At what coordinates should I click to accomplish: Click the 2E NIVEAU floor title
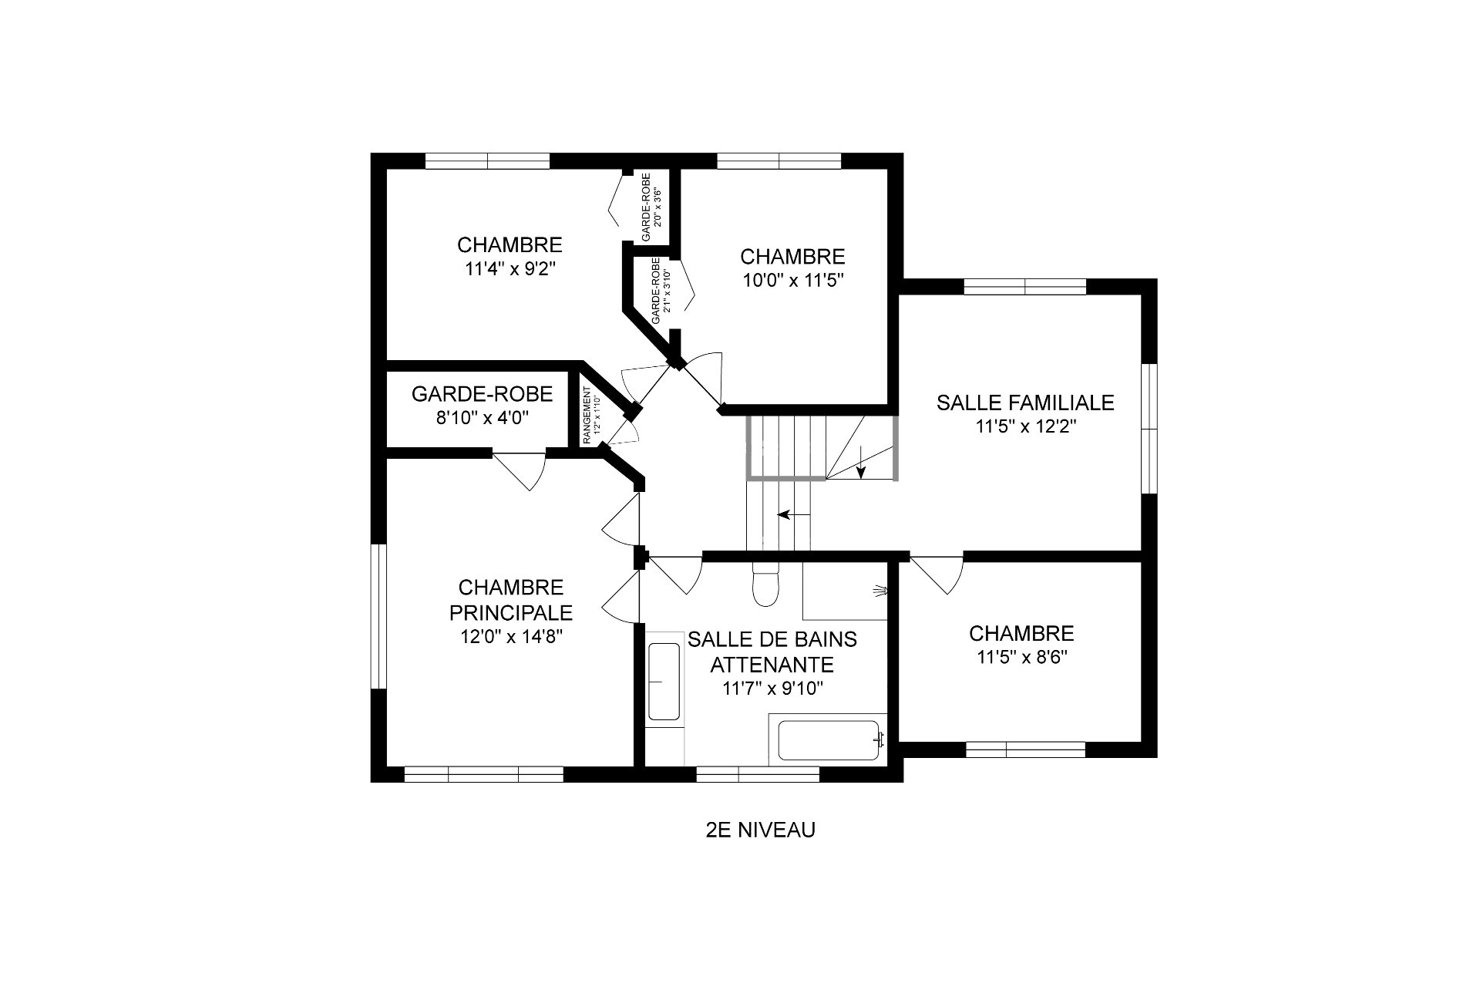pyautogui.click(x=760, y=830)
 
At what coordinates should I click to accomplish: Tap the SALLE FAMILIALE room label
pyautogui.click(x=1025, y=403)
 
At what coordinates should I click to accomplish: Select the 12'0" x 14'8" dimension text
pyautogui.click(x=511, y=637)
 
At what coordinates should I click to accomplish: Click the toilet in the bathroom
pyautogui.click(x=766, y=585)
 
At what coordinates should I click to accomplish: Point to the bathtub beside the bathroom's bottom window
pyautogui.click(x=829, y=740)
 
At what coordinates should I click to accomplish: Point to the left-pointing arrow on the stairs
pyautogui.click(x=794, y=514)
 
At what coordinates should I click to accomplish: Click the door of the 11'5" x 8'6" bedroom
pyautogui.click(x=937, y=575)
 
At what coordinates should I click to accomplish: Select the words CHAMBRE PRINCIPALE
pyautogui.click(x=511, y=600)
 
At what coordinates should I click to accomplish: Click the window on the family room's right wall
pyautogui.click(x=1149, y=428)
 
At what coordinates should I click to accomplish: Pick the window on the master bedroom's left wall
pyautogui.click(x=378, y=616)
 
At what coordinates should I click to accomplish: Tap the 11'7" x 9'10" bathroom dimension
pyautogui.click(x=773, y=689)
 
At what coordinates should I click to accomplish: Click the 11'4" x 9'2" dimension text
pyautogui.click(x=510, y=269)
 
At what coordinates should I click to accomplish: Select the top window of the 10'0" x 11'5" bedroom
pyautogui.click(x=779, y=161)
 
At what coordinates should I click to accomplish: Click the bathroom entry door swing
pyautogui.click(x=675, y=574)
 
